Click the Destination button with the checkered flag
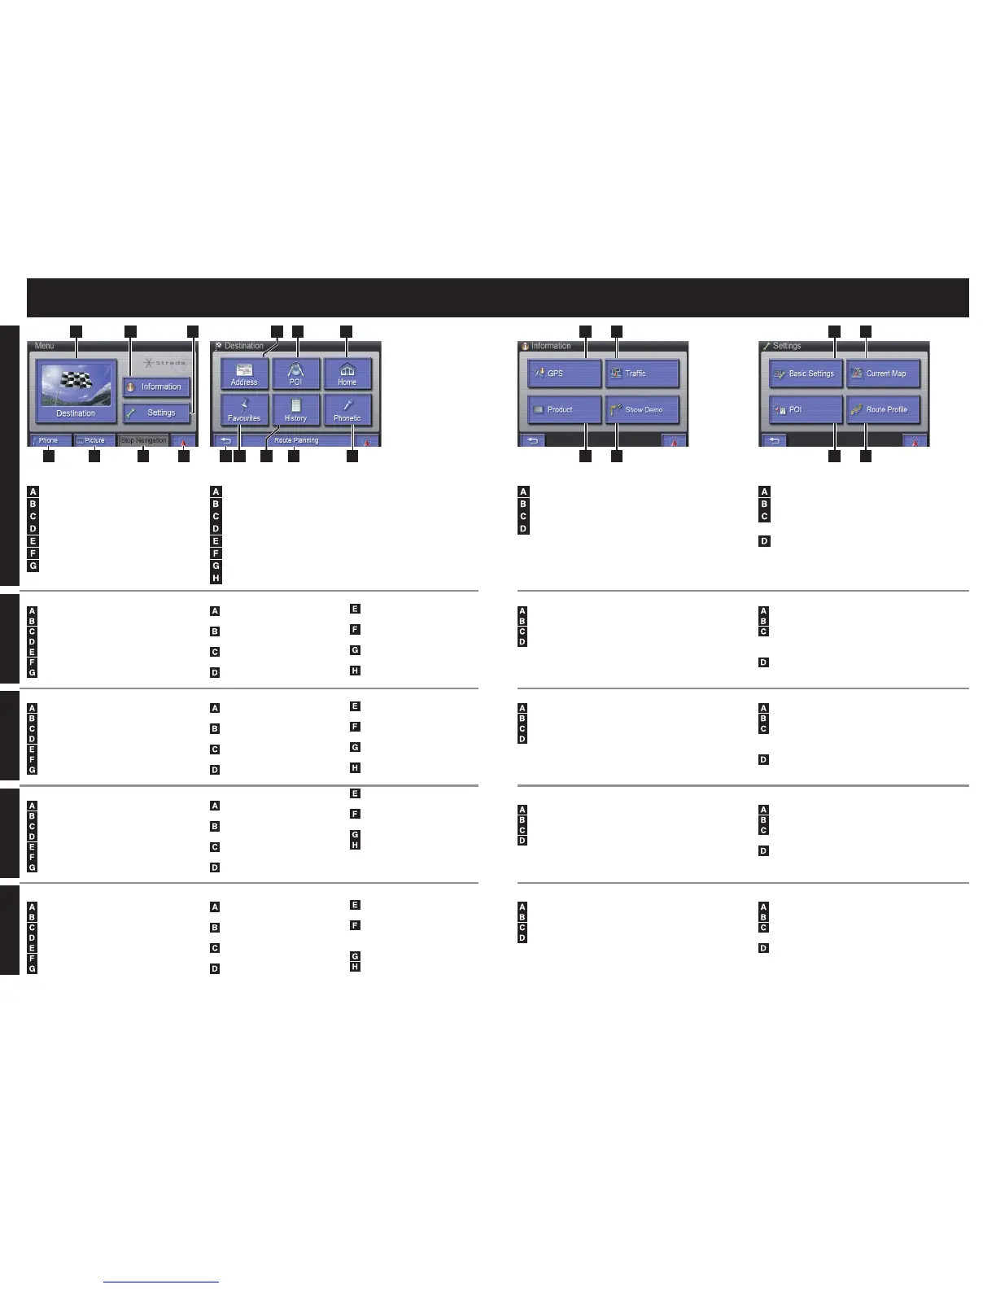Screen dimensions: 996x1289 coord(76,390)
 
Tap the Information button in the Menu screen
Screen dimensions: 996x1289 coord(156,387)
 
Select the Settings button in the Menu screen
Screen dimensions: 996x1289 coord(156,413)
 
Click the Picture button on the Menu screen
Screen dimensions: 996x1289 coord(94,440)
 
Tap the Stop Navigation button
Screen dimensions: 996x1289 coord(144,440)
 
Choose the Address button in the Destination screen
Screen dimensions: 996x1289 coord(244,374)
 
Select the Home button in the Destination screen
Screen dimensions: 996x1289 coord(347,374)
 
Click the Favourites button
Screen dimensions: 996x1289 coord(244,410)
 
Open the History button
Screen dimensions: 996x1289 coord(295,410)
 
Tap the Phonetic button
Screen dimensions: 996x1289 coord(347,410)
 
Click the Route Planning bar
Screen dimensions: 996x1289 coord(296,440)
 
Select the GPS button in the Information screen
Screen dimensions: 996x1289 coord(564,374)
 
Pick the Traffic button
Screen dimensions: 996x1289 coord(641,374)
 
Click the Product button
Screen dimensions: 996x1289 coord(564,409)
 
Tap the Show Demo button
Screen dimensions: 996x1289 coord(641,409)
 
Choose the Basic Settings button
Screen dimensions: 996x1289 coord(806,374)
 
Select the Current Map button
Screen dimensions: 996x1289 coord(883,374)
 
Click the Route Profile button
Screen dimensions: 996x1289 coord(883,409)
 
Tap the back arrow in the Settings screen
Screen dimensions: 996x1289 coord(775,440)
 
